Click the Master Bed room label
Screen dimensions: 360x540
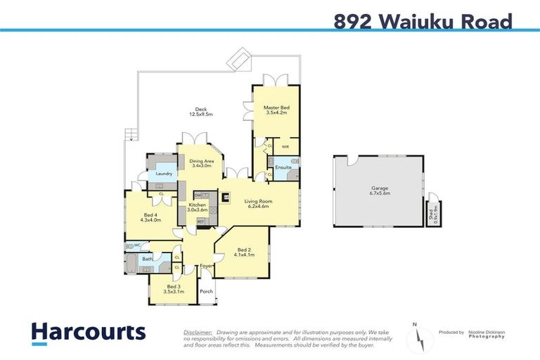pos(276,110)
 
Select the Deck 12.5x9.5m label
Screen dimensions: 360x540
pos(200,111)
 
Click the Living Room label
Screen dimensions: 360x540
pos(259,204)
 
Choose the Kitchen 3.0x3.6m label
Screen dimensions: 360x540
pos(198,207)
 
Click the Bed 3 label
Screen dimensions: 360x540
pos(172,288)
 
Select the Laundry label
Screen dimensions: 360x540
pos(165,174)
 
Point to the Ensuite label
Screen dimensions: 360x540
pos(283,167)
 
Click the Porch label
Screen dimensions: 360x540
pos(206,290)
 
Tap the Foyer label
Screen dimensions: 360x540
pos(206,266)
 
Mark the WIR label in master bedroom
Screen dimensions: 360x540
pos(285,147)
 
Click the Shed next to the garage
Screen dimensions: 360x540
pos(432,210)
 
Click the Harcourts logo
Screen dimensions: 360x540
pos(88,332)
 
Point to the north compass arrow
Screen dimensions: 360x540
pos(418,337)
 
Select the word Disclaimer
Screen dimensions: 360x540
pos(198,332)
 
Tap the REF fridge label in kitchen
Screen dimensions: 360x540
pos(200,221)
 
